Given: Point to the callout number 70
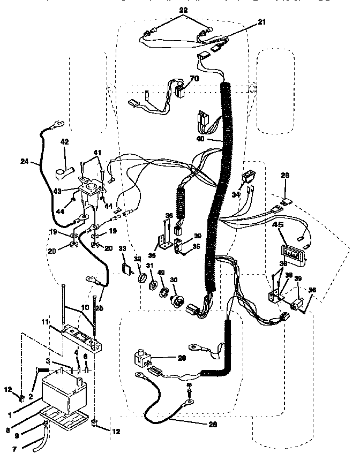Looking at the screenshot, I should tap(193, 78).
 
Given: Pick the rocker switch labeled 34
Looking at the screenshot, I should tap(249, 176).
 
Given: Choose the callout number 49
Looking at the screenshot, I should tap(161, 273).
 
